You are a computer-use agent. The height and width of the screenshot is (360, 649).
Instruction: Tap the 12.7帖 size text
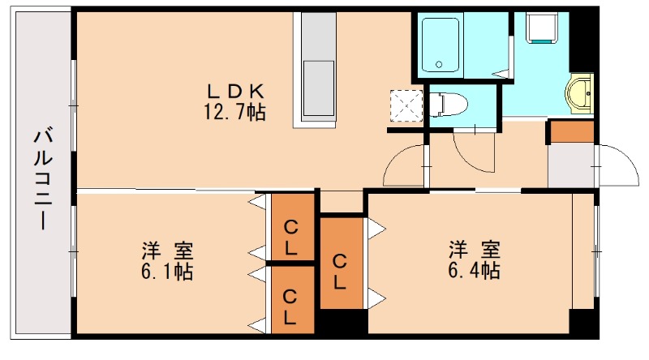[x=234, y=111]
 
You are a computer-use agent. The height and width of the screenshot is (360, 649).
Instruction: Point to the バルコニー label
[x=41, y=178]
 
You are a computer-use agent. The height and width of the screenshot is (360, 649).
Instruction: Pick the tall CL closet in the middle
[x=341, y=262]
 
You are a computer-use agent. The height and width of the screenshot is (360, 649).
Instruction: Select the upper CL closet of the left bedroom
[x=290, y=229]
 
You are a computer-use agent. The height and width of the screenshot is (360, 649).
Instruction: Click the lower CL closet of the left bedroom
[x=290, y=300]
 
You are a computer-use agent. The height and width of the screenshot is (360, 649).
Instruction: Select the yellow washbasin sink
[x=582, y=91]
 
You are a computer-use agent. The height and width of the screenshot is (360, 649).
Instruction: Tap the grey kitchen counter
[x=319, y=66]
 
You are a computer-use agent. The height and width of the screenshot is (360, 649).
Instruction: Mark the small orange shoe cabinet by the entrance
[x=572, y=131]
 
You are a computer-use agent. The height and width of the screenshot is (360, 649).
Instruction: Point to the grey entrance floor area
[x=571, y=165]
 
